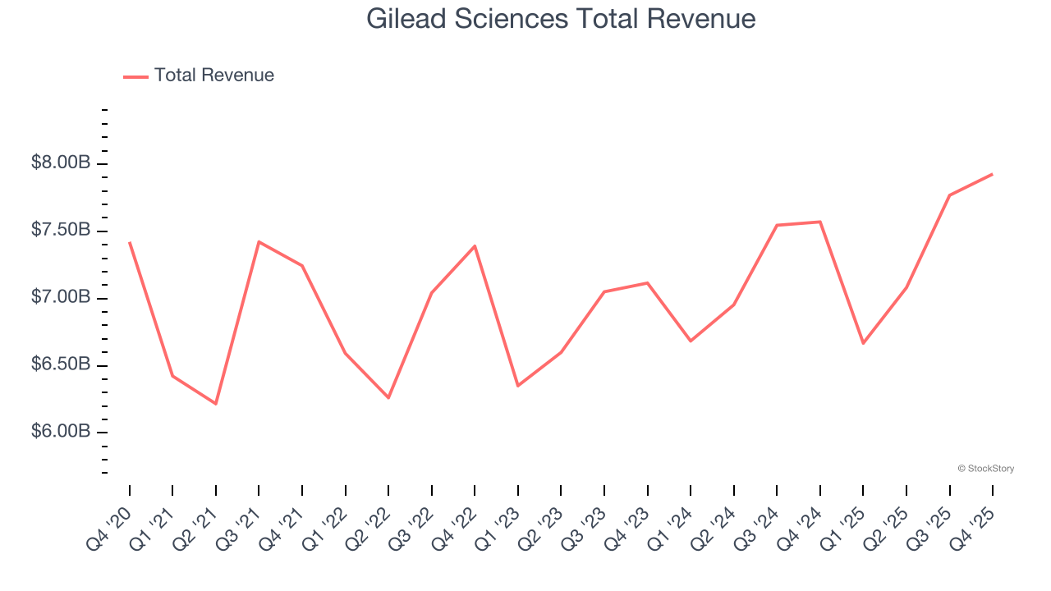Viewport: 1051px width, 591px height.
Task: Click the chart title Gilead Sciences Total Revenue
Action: (x=561, y=18)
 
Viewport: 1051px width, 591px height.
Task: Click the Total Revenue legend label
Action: (x=213, y=76)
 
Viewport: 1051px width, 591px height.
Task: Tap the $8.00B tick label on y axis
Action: (x=61, y=163)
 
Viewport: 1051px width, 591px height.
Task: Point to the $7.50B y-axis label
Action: (x=61, y=231)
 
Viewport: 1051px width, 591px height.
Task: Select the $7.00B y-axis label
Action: (x=61, y=297)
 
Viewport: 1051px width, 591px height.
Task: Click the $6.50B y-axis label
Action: (x=61, y=364)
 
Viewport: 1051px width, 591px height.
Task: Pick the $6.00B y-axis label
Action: (x=61, y=432)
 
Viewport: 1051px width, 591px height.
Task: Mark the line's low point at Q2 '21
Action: (x=216, y=404)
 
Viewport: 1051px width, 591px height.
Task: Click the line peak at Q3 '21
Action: (x=259, y=241)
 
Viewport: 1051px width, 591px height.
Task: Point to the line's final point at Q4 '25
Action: (x=992, y=174)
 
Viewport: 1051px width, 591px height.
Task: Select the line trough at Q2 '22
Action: (x=388, y=398)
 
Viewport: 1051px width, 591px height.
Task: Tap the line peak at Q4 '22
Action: (x=475, y=245)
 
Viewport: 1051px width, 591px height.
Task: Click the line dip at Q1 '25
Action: (x=863, y=343)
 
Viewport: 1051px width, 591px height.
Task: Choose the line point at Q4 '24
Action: (x=819, y=222)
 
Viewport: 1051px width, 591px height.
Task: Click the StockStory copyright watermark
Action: (x=985, y=469)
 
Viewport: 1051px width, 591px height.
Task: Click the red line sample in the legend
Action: (x=135, y=76)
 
